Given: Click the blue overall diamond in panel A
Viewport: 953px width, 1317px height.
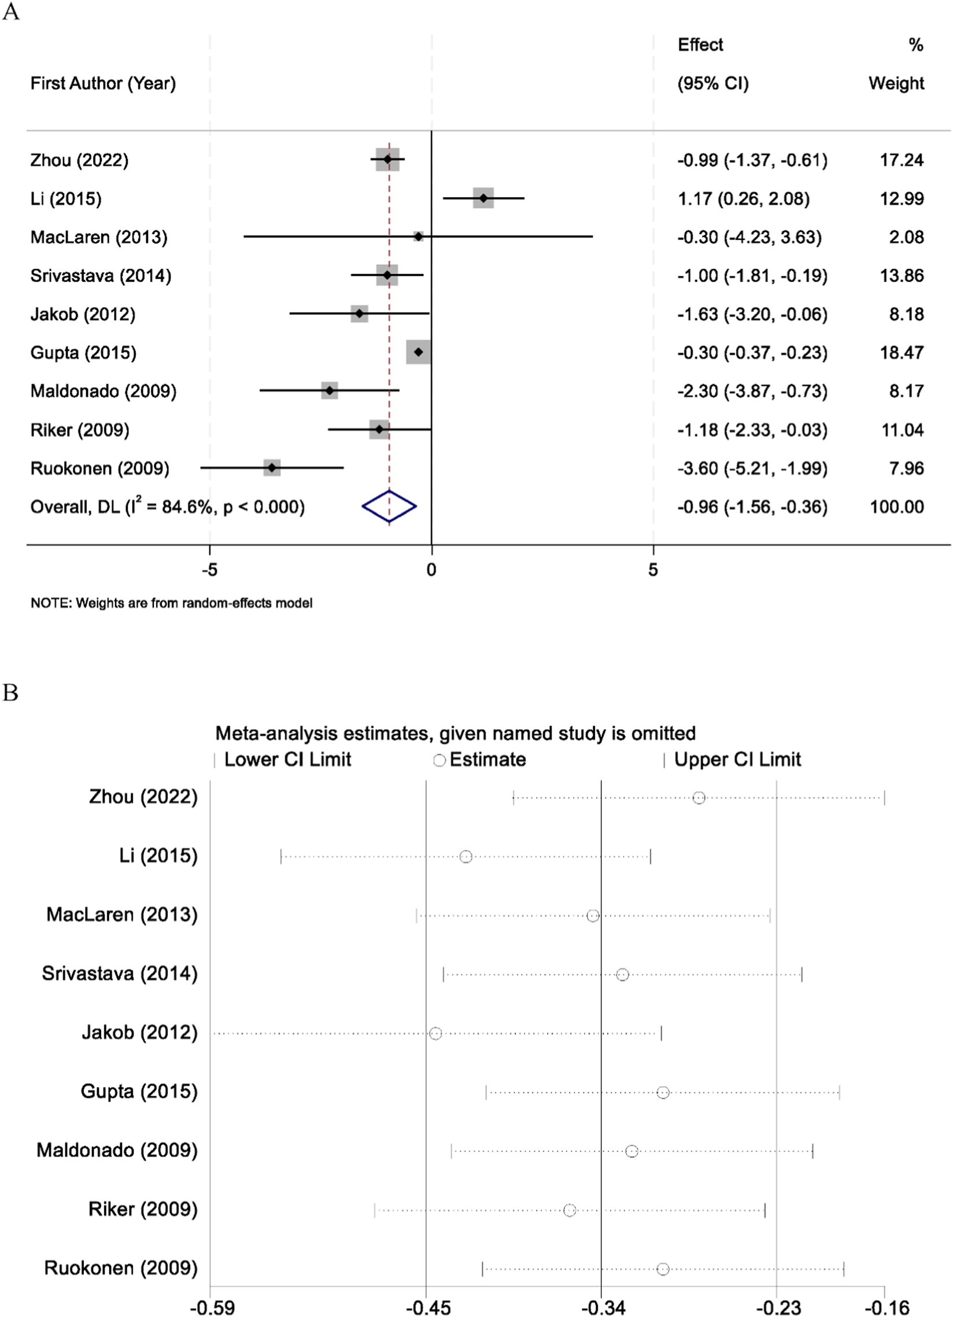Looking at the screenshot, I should (x=389, y=506).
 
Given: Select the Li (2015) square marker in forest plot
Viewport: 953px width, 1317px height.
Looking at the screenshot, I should (x=483, y=198).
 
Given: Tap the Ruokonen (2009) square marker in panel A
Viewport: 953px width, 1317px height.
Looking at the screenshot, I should (x=272, y=468).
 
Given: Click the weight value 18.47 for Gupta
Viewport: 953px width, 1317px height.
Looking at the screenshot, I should (x=902, y=353).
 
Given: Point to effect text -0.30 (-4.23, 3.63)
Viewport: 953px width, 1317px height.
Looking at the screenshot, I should (x=749, y=237).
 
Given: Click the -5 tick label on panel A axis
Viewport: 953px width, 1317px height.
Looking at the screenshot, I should (x=209, y=570).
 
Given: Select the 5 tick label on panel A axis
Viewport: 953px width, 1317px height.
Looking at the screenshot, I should (x=653, y=570).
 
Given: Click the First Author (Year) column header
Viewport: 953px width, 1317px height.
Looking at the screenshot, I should (x=103, y=83).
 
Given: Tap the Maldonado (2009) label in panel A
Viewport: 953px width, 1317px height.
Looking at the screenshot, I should (x=104, y=391).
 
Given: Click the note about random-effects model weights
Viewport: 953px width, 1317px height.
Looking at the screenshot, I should (x=171, y=603).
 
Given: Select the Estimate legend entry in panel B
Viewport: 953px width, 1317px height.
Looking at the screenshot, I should (x=481, y=760).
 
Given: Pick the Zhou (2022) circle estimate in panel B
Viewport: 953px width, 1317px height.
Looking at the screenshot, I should (x=699, y=798).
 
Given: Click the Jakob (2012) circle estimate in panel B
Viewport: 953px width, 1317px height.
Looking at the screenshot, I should (x=435, y=1034).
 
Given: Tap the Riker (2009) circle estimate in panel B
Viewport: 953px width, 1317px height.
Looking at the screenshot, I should (x=570, y=1210).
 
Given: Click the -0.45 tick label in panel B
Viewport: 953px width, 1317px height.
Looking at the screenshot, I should (x=428, y=1308).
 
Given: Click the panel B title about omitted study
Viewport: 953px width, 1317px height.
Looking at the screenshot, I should (x=455, y=734).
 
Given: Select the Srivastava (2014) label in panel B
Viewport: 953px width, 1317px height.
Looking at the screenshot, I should (x=120, y=974).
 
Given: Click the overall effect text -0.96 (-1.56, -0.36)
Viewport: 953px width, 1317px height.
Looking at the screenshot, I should (x=752, y=507).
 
